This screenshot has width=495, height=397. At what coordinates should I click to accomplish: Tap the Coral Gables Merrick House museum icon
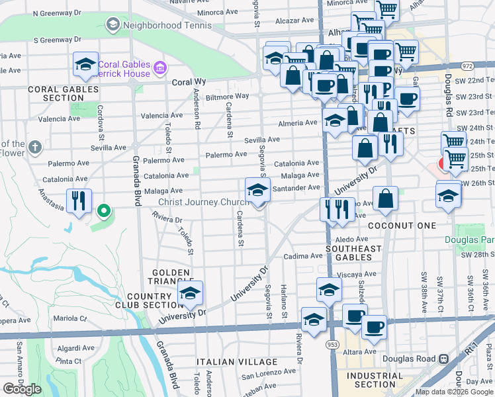click(x=160, y=68)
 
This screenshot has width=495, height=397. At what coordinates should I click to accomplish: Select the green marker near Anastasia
click(x=103, y=212)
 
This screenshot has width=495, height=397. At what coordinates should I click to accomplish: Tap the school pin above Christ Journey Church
click(x=257, y=191)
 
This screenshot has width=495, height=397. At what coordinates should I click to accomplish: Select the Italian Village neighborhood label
click(x=237, y=362)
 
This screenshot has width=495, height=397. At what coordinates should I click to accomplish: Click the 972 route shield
click(x=468, y=66)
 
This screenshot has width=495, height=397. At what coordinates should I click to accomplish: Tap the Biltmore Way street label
click(x=227, y=97)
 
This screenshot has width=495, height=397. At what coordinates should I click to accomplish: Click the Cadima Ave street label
click(x=303, y=256)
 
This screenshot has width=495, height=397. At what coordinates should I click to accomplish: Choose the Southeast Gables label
click(x=354, y=253)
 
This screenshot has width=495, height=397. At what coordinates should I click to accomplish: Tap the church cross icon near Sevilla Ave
click(x=35, y=147)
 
